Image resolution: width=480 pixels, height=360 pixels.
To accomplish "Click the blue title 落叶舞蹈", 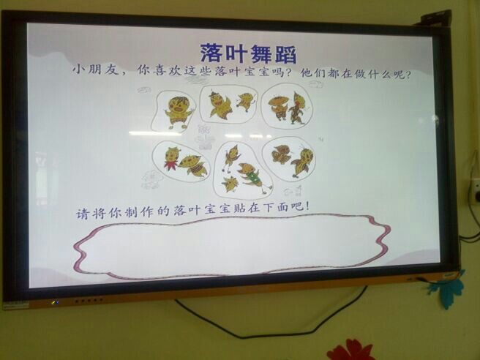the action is (x=248, y=53).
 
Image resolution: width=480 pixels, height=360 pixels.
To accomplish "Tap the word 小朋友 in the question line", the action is (x=95, y=70).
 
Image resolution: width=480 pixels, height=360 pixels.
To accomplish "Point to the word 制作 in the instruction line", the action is (x=140, y=211).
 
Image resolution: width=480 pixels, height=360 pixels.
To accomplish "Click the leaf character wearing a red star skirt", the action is (x=171, y=158).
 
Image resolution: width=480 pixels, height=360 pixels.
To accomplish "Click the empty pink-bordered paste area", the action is (x=232, y=246).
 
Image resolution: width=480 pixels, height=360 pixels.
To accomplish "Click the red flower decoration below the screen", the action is (x=350, y=350).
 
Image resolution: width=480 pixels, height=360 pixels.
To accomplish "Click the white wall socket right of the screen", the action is (x=476, y=191).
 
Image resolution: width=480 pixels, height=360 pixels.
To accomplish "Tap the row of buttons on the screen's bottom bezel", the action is (x=89, y=301).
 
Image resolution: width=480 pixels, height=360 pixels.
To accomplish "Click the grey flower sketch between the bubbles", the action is (x=203, y=137).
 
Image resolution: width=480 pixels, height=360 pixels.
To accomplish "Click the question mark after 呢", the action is (x=408, y=75).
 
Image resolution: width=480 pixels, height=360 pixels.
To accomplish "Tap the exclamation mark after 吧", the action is (x=307, y=206).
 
